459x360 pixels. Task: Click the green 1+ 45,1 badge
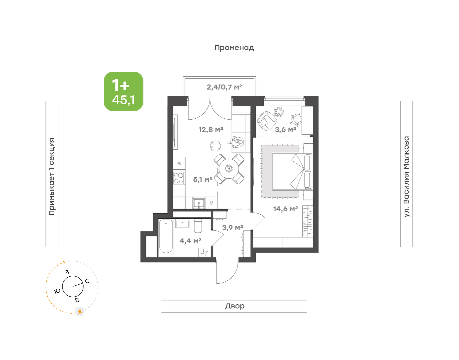point(123,91)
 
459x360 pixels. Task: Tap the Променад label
point(234,48)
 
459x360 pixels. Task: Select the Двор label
point(235,306)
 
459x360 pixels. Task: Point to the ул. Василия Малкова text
point(406,177)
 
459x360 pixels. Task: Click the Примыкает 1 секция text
point(52,177)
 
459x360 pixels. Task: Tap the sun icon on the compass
point(80,311)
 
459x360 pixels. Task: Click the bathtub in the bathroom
point(166,236)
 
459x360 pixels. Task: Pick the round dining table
point(229,169)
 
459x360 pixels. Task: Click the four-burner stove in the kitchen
point(179,178)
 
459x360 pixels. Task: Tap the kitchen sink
point(198,203)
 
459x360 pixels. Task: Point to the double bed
point(292,172)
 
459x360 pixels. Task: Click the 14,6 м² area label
point(285,209)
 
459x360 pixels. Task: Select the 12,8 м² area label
point(210,130)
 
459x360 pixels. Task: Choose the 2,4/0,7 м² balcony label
point(224,87)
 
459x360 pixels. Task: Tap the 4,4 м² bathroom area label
point(190,241)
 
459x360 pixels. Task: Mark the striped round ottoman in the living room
point(215,146)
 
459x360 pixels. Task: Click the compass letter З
point(67,272)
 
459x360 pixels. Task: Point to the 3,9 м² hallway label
point(233,228)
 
